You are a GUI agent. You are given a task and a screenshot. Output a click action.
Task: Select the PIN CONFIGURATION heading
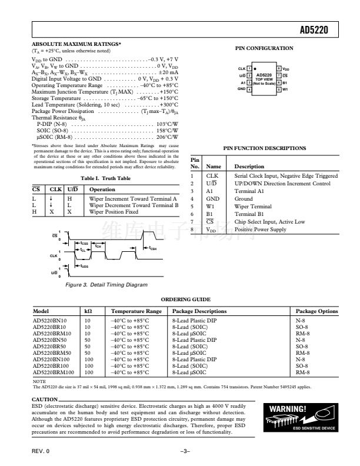point(264,48)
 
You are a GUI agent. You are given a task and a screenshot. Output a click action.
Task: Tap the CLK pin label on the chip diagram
point(241,69)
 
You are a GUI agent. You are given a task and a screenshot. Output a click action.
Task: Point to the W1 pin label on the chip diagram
point(285,89)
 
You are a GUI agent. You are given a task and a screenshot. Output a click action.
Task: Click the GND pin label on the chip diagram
point(241,89)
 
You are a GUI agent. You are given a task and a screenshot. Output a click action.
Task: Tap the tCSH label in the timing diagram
point(153,248)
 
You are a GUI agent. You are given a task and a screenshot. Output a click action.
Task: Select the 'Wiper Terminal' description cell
point(253,207)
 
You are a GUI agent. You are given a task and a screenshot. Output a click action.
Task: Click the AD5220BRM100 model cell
point(53,372)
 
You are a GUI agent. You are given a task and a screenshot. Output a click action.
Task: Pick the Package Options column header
point(316,311)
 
